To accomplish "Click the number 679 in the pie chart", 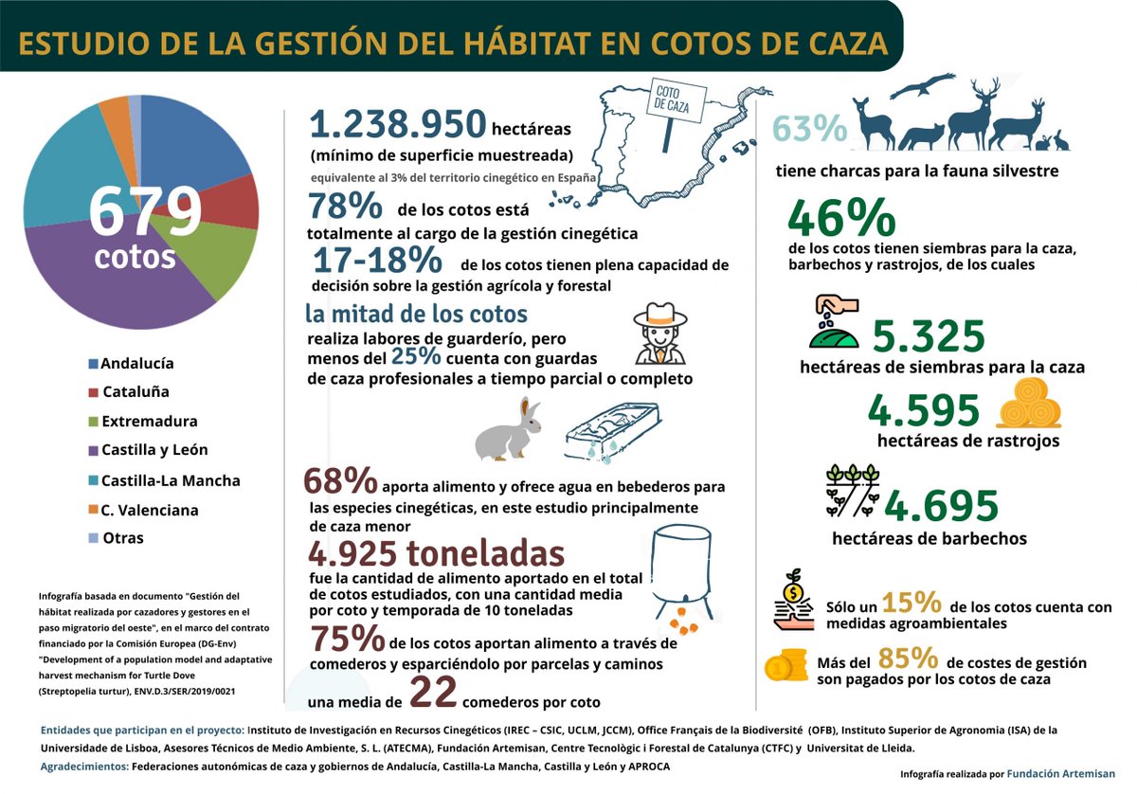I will click(x=145, y=212).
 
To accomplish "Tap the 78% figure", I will click(x=345, y=207).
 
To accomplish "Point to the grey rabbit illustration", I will click(x=510, y=432).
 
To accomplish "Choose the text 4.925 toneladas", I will click(x=437, y=553).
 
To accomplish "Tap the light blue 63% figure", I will click(x=808, y=129).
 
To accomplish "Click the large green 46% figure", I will click(x=841, y=218).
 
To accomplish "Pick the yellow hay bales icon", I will click(x=1029, y=405).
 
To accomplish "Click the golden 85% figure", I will click(x=908, y=657).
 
